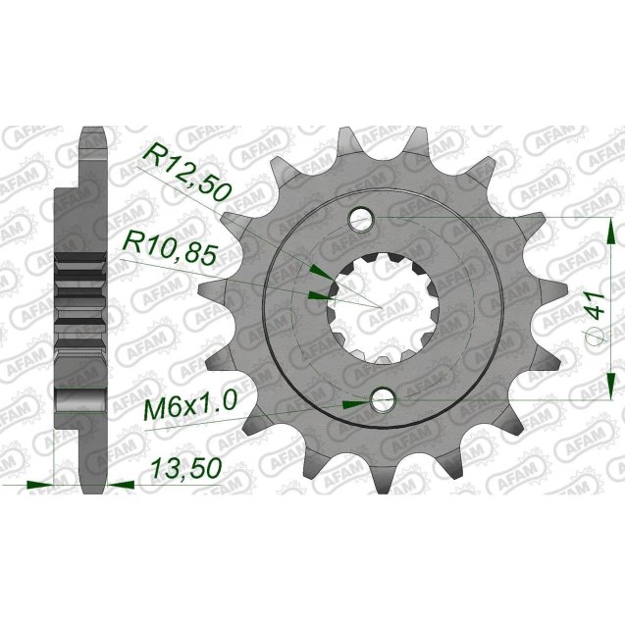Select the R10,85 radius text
[169, 245]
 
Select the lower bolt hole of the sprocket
[381, 399]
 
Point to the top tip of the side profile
[93, 131]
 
